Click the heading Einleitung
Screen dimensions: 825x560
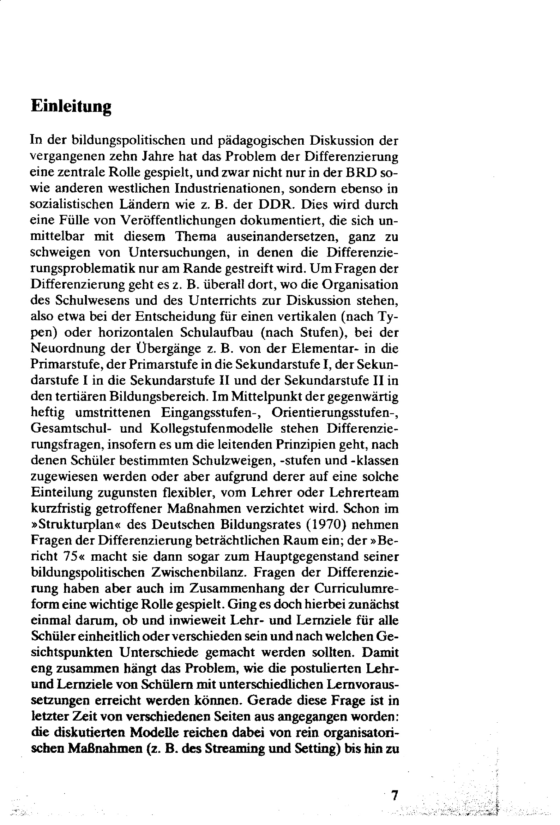tap(71, 107)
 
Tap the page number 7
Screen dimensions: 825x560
tap(393, 794)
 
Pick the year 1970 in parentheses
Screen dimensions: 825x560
tap(325, 524)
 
